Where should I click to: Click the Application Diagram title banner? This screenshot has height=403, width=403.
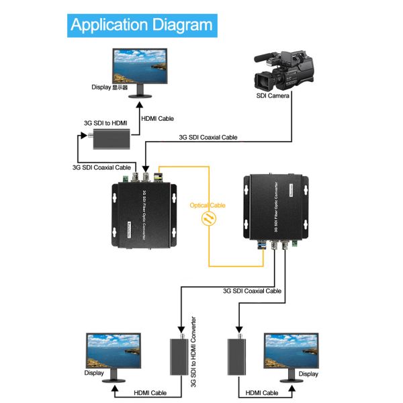click(141, 26)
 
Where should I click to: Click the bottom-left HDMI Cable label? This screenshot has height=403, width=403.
click(151, 393)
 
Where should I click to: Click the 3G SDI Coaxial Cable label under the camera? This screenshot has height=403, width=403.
click(208, 137)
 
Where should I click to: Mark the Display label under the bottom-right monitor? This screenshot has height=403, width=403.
click(308, 373)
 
